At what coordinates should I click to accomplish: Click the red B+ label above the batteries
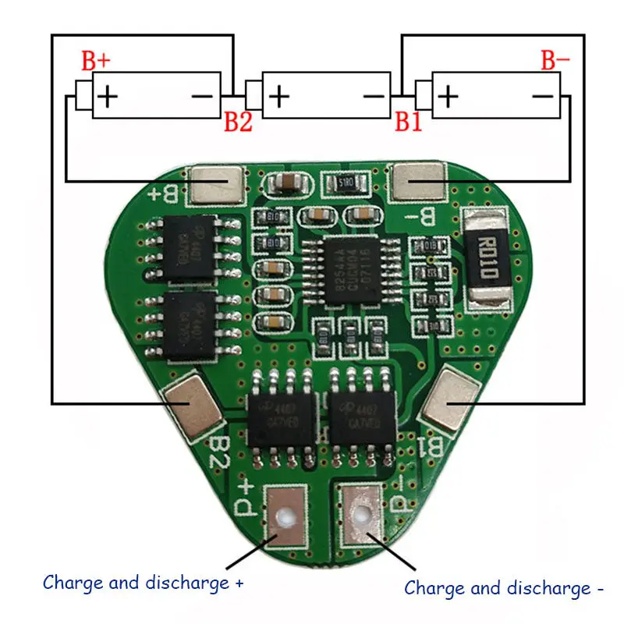coord(97,60)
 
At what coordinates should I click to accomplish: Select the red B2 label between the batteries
coord(238,121)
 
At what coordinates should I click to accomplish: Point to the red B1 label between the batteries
coord(408,121)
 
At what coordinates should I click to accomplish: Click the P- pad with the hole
coord(360,514)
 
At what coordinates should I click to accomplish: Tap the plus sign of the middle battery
coord(278,96)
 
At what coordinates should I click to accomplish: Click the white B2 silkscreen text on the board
coord(219,452)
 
